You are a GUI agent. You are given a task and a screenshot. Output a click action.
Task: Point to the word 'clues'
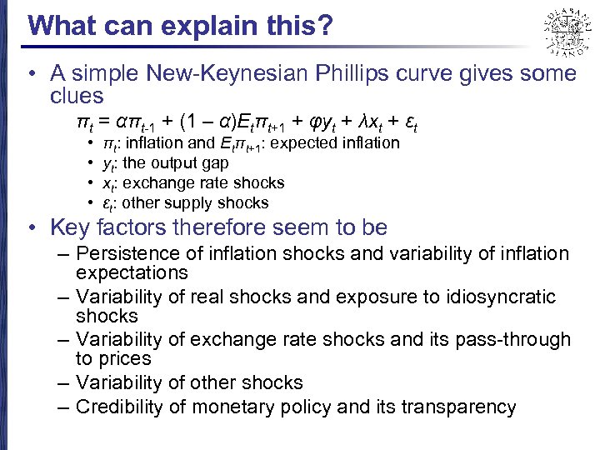(x=77, y=96)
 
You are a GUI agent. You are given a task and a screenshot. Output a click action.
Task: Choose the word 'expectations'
(x=132, y=273)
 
